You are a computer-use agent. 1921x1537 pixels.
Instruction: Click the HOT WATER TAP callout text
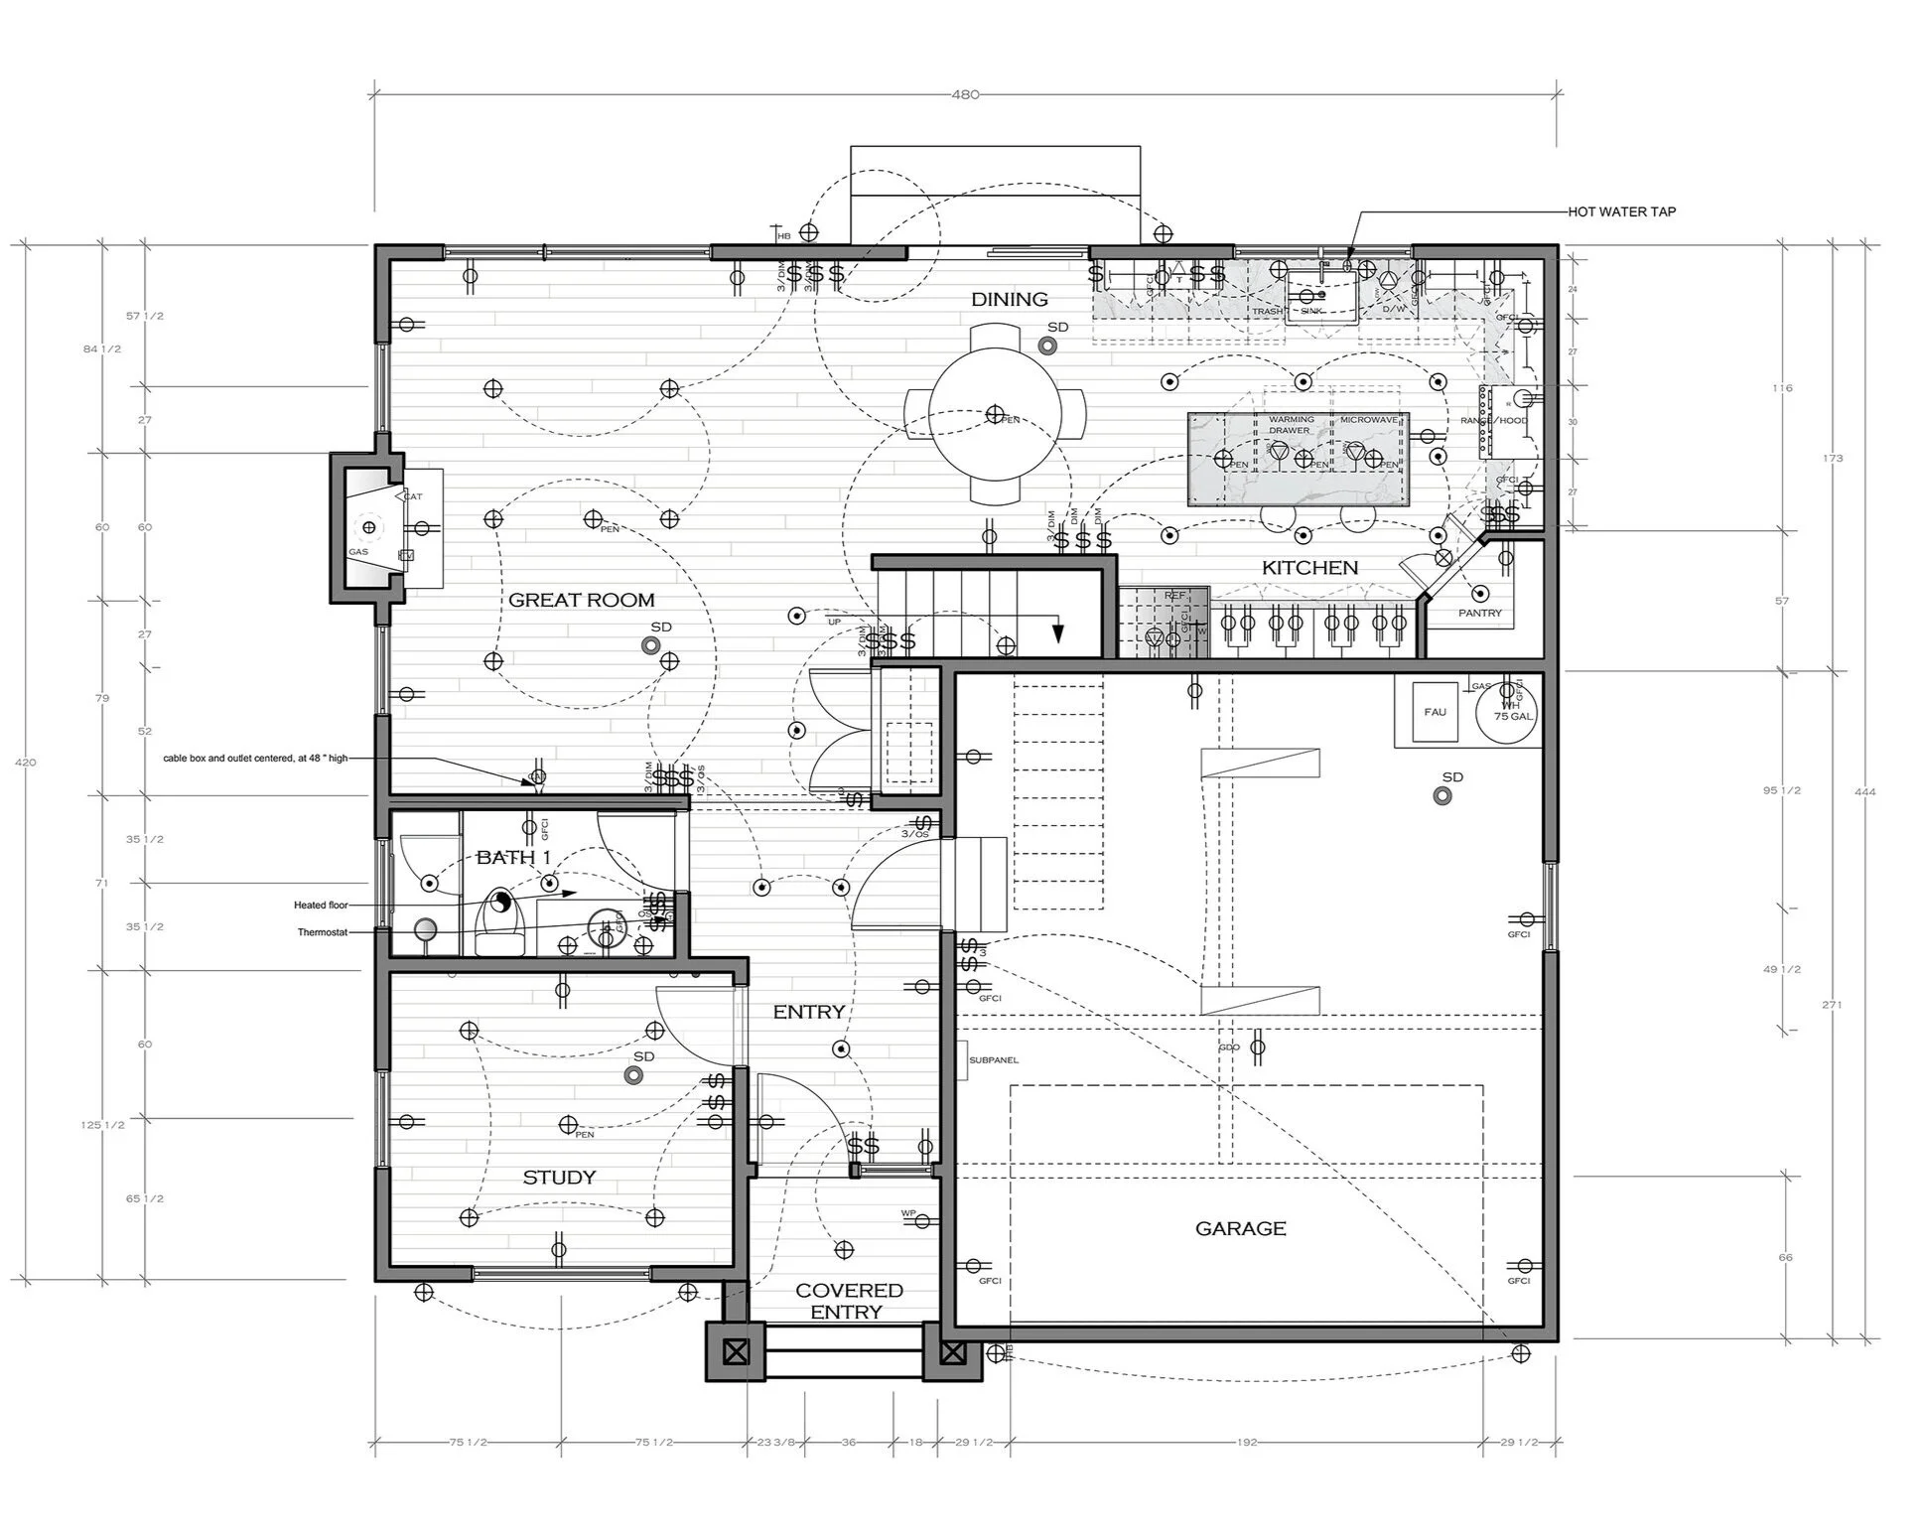point(1621,211)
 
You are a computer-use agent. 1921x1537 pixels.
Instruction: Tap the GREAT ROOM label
point(581,600)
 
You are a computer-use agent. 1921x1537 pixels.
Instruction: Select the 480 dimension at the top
point(965,94)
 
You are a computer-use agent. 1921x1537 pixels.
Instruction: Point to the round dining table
point(995,414)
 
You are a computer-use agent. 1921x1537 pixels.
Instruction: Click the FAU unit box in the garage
point(1435,712)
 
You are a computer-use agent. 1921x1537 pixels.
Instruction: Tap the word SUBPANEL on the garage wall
point(993,1060)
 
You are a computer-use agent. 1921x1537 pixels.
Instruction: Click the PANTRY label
point(1479,613)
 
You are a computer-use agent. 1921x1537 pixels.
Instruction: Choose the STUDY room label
point(559,1177)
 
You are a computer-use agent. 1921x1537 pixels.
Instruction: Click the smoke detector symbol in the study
point(631,1074)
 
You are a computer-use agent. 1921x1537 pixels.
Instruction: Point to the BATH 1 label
point(513,857)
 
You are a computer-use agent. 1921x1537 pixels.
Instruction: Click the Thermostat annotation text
point(322,932)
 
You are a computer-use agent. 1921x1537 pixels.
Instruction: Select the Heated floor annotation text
point(321,905)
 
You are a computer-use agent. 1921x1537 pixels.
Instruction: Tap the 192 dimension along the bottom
point(1247,1442)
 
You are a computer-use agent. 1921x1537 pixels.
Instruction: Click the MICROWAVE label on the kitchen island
point(1368,420)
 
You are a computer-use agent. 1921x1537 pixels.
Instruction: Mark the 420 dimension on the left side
point(26,762)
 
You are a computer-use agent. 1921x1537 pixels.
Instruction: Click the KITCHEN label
point(1309,567)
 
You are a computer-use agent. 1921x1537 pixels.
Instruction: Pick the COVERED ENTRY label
point(848,1301)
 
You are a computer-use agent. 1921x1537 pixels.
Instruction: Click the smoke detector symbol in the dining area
point(1045,345)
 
